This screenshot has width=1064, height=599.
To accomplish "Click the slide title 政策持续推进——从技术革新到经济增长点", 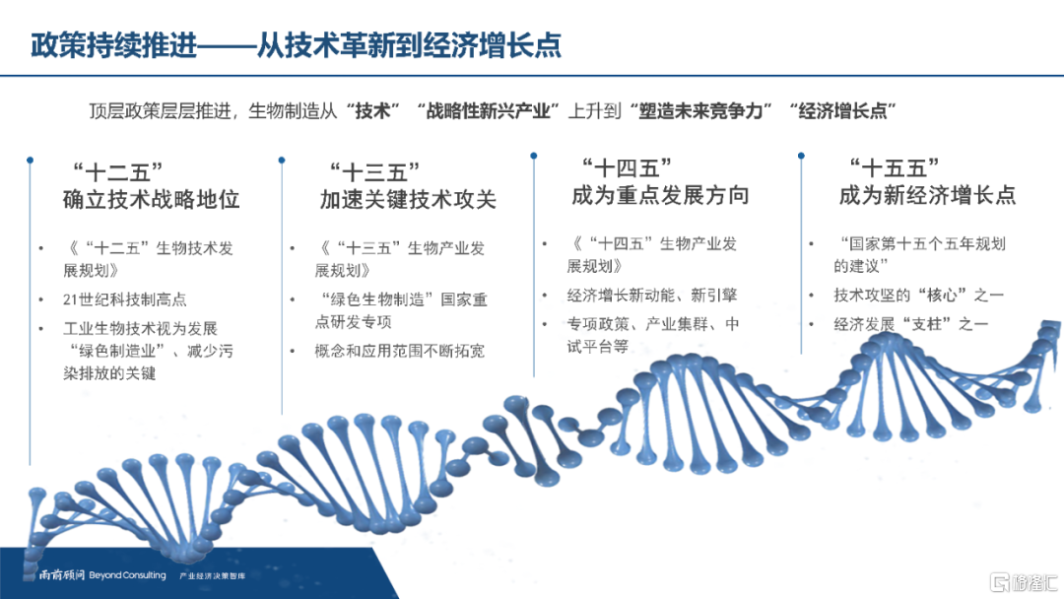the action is (x=297, y=45).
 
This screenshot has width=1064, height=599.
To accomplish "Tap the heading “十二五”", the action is (x=118, y=171).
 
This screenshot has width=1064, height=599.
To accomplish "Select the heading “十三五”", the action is (x=374, y=171).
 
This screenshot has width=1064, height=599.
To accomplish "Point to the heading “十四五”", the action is (x=627, y=167).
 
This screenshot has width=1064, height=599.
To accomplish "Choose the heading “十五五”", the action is (x=895, y=167).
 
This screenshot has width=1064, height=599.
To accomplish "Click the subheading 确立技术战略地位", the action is (x=152, y=199).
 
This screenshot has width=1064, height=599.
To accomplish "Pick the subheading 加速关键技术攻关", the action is (x=409, y=199).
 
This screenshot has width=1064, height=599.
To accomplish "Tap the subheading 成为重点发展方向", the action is (x=660, y=195).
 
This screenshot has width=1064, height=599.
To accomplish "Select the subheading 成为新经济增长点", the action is (x=928, y=195).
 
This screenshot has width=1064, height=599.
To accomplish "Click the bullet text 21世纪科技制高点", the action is (x=125, y=299).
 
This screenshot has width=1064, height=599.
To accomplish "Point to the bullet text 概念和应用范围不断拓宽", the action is (x=400, y=351).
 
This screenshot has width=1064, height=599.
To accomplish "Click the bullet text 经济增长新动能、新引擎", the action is (x=652, y=296).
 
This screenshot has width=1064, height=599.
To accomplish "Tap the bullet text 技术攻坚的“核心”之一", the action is (x=919, y=296).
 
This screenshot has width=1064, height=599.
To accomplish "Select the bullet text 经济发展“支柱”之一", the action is (x=910, y=324).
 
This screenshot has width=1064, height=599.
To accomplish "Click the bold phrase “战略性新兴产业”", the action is (x=489, y=110).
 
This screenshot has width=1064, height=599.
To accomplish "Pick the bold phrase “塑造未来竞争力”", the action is (x=701, y=110).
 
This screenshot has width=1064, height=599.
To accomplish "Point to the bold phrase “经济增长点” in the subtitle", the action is (x=843, y=110).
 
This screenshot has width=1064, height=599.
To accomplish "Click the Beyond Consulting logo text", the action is (x=127, y=575).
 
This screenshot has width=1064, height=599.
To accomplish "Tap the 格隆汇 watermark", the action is (x=1025, y=581).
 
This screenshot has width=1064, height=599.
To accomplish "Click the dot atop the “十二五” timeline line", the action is (x=30, y=161).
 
